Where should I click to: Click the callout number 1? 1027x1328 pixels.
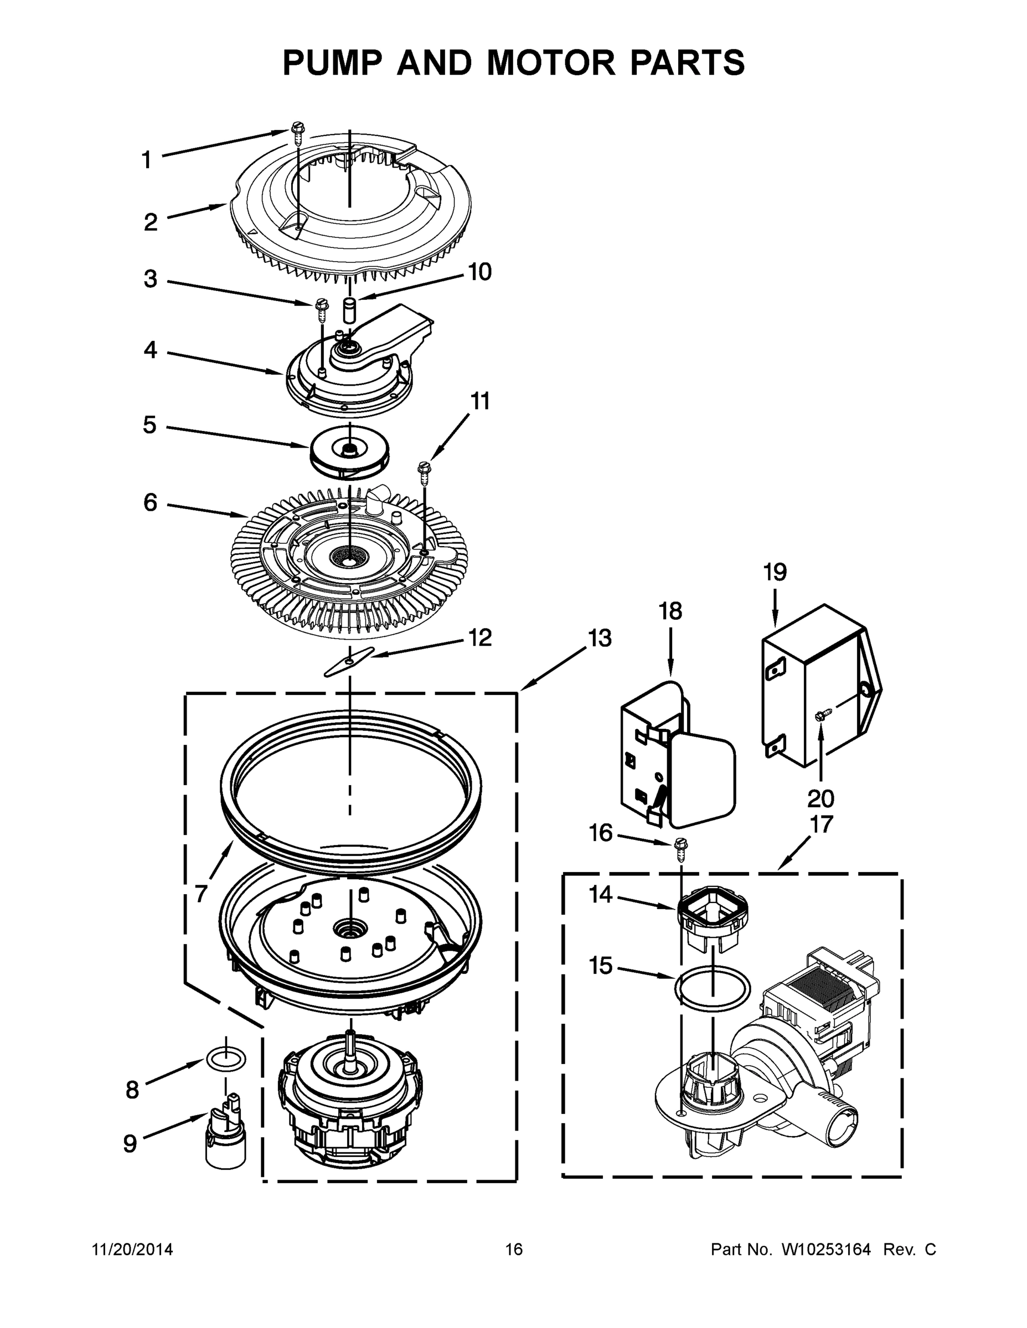pos(146,160)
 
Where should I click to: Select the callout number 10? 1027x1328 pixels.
pos(479,272)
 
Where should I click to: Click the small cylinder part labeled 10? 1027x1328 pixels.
pos(350,309)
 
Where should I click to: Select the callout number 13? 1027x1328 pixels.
pos(599,639)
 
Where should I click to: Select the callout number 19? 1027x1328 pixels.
pos(775,572)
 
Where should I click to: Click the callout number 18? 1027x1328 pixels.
pos(670,610)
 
